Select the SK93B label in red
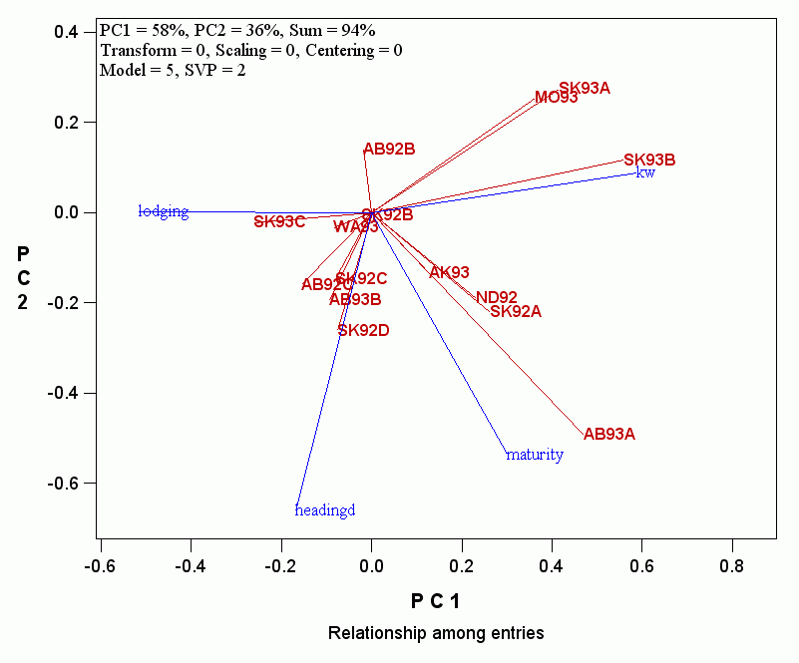click(649, 160)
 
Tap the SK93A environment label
click(584, 88)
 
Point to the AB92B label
click(389, 150)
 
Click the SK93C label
click(279, 221)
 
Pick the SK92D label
click(363, 330)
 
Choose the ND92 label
click(496, 297)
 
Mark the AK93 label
click(449, 272)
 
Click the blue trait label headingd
click(325, 510)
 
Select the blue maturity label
click(535, 455)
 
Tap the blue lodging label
click(164, 211)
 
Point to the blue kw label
click(645, 172)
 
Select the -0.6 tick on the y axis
click(67, 484)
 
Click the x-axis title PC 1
click(435, 600)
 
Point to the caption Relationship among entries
click(436, 633)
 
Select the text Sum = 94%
click(332, 30)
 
